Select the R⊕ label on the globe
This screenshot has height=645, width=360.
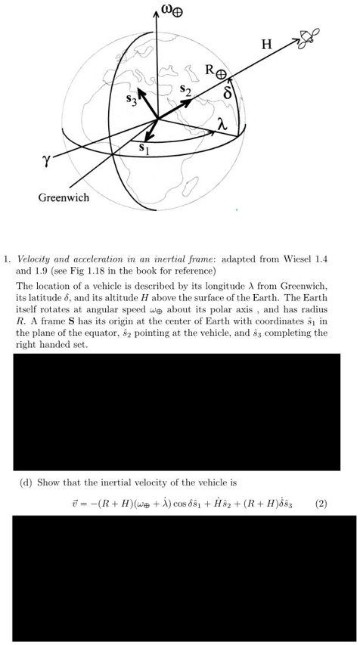coord(215,73)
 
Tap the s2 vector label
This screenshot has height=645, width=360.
coord(185,91)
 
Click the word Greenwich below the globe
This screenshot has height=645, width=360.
coord(64,198)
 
